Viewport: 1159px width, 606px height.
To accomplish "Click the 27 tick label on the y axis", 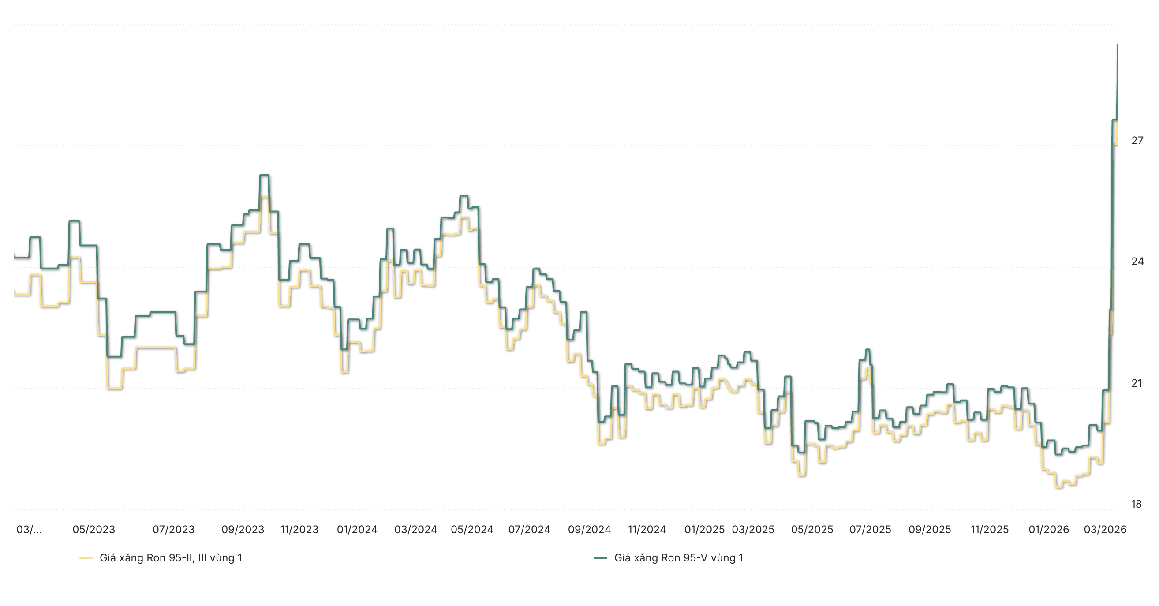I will (x=1137, y=141).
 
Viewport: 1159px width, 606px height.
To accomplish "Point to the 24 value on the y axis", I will (x=1137, y=262).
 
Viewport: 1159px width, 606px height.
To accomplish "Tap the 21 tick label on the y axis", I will (x=1137, y=383).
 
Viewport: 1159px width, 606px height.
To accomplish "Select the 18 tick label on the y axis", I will (x=1136, y=504).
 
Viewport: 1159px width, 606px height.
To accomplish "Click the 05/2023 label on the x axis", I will (x=93, y=530).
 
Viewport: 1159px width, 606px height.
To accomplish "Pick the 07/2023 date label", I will (x=173, y=530).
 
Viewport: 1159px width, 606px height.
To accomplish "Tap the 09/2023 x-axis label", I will (x=243, y=530).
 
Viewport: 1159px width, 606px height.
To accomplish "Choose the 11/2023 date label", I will (x=299, y=530).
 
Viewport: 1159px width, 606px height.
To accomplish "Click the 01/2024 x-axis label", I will (x=357, y=530).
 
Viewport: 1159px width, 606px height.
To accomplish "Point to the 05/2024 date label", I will (x=472, y=530).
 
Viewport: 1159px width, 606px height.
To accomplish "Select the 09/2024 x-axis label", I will (x=589, y=530).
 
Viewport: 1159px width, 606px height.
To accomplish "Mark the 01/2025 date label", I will (x=704, y=530).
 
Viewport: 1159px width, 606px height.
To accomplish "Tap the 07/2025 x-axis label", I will (x=870, y=530).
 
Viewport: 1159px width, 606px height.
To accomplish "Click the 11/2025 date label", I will (x=989, y=530).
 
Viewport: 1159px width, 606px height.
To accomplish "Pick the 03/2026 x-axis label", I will (x=1105, y=530).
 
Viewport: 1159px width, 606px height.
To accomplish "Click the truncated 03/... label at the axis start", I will (x=29, y=530).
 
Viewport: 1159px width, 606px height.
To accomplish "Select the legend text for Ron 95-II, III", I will (x=171, y=558).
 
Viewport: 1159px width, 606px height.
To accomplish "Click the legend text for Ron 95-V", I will (x=678, y=558).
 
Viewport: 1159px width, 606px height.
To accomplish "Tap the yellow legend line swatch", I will (x=86, y=558).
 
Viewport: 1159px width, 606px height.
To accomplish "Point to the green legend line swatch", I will (x=601, y=558).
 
